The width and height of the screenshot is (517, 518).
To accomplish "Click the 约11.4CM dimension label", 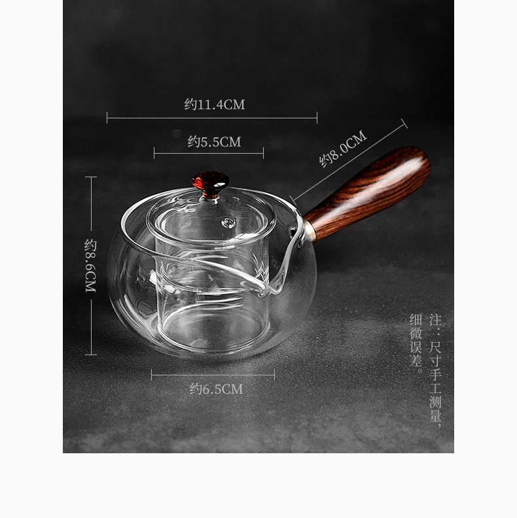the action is [215, 105].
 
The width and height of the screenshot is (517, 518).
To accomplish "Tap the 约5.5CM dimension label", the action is [214, 142].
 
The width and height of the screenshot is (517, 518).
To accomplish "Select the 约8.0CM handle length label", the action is [343, 148].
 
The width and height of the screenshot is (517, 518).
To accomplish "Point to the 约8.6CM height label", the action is [90, 266].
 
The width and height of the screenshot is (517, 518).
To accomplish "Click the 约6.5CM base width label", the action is [216, 389].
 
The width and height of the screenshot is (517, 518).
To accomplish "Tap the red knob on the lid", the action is [211, 181].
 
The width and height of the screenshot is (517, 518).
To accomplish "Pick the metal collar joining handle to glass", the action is [310, 231].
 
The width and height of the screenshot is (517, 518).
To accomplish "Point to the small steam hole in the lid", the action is [228, 222].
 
